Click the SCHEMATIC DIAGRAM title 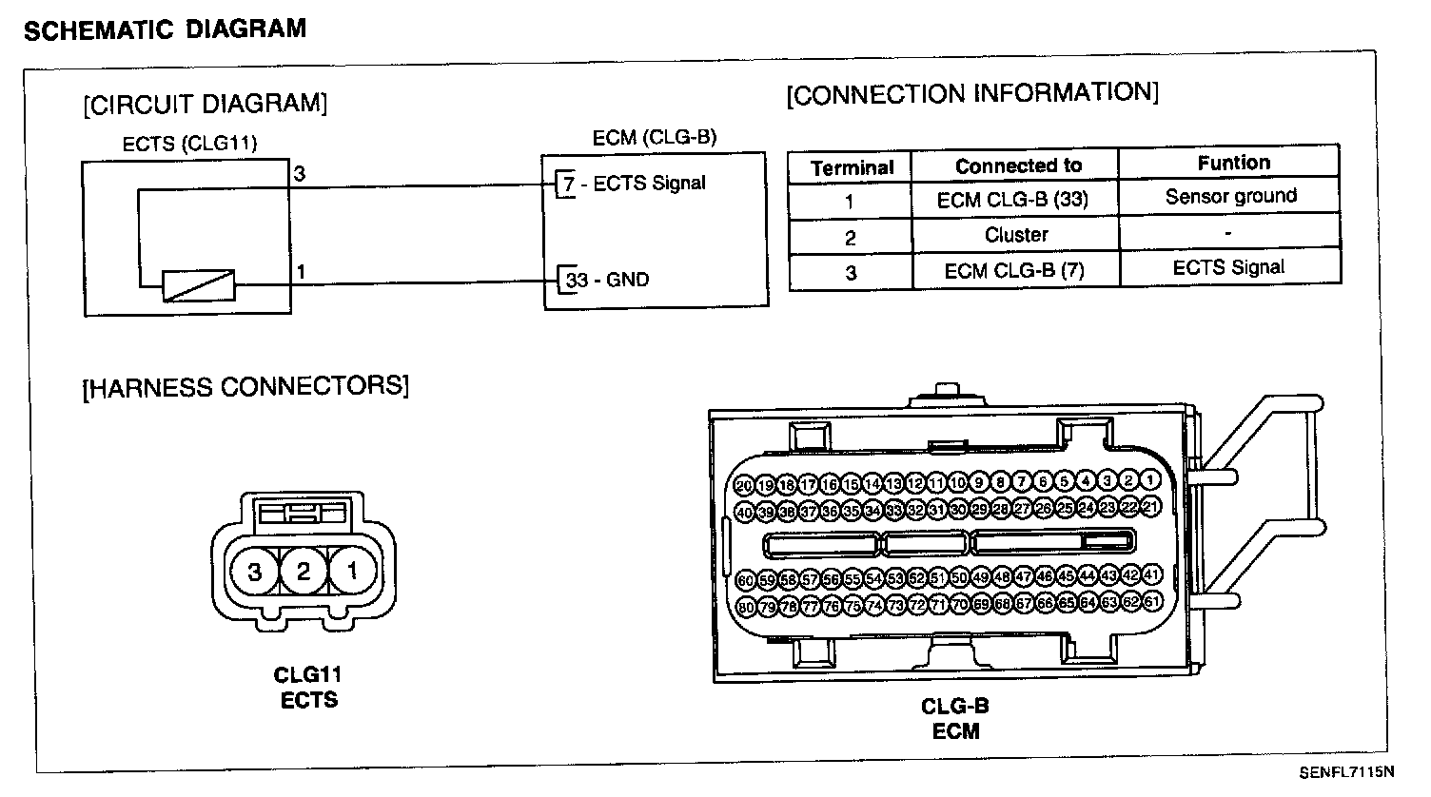coord(164,29)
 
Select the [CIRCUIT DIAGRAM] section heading coord(205,103)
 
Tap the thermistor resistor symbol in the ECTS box coord(198,284)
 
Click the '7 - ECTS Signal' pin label coord(634,184)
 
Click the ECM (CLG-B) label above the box coord(654,138)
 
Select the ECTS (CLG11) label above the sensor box coord(190,144)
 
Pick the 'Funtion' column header coord(1233,163)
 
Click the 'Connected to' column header coord(1018,165)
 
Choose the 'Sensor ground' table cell coord(1230,197)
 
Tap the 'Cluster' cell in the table coord(1016,234)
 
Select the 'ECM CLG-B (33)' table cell coord(1012,200)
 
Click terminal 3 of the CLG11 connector coord(255,572)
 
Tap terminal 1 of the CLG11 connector coord(352,572)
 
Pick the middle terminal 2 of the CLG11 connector coord(304,572)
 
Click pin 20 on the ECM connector coord(745,485)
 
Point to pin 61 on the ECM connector coord(1152,601)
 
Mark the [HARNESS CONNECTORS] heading coord(245,387)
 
